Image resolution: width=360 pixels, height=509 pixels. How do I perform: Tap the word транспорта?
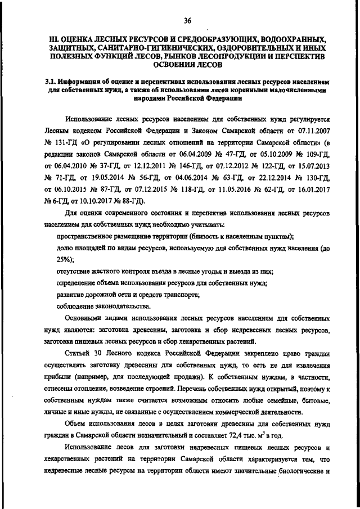177,294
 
